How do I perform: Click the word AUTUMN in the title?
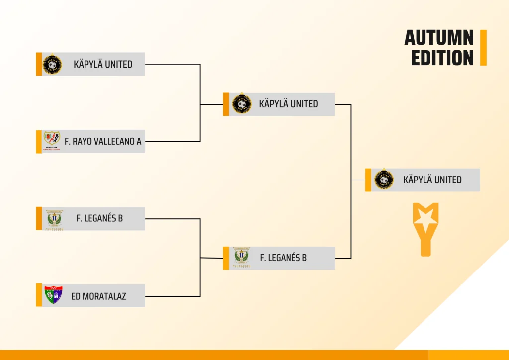pyautogui.click(x=438, y=38)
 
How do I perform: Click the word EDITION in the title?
pyautogui.click(x=442, y=58)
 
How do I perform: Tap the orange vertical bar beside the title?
pyautogui.click(x=483, y=48)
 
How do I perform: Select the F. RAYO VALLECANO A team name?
pyautogui.click(x=103, y=142)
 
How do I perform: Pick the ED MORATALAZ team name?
pyautogui.click(x=98, y=296)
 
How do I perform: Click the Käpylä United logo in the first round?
pyautogui.click(x=52, y=64)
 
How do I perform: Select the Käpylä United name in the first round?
pyautogui.click(x=103, y=64)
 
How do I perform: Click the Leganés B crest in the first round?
pyautogui.click(x=54, y=219)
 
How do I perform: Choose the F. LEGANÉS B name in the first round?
pyautogui.click(x=99, y=218)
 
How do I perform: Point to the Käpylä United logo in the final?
pyautogui.click(x=242, y=104)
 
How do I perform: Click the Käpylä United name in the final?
pyautogui.click(x=288, y=104)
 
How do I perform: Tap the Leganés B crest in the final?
pyautogui.click(x=242, y=258)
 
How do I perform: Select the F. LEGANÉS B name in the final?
pyautogui.click(x=283, y=258)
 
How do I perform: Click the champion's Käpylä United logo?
pyautogui.click(x=384, y=180)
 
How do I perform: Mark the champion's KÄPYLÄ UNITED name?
pyautogui.click(x=432, y=180)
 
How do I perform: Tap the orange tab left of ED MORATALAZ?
pyautogui.click(x=39, y=295)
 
